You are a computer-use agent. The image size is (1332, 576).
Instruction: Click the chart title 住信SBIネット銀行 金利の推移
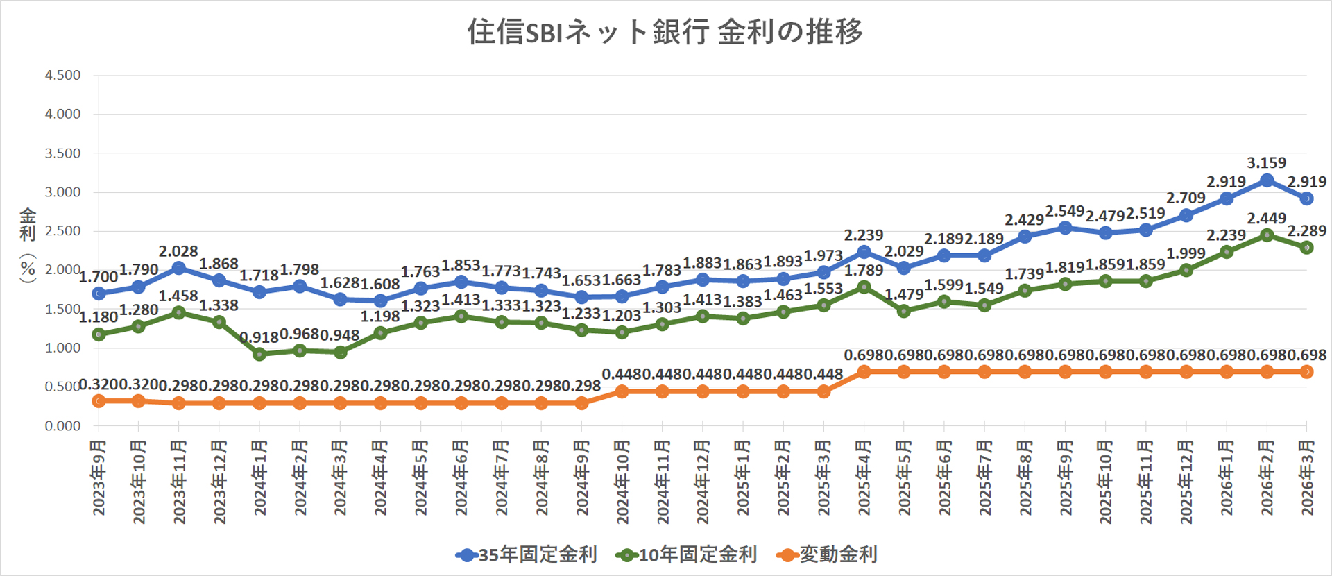click(x=665, y=32)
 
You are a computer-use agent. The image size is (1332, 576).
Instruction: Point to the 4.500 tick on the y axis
click(x=62, y=75)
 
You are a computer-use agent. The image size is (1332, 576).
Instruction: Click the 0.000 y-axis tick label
click(x=62, y=425)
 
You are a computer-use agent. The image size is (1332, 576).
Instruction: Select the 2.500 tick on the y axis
click(x=62, y=231)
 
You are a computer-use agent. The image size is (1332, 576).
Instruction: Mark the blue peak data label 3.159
click(x=1266, y=163)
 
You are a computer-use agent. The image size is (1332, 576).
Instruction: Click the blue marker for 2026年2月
click(x=1267, y=180)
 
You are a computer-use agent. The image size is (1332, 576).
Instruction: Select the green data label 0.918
click(x=259, y=338)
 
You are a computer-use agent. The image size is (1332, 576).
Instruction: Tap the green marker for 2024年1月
click(x=259, y=354)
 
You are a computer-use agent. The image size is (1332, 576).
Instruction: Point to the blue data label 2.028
click(x=178, y=251)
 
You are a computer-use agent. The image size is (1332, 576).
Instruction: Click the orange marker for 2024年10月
click(x=622, y=391)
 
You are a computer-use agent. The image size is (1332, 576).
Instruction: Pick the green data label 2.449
click(x=1266, y=219)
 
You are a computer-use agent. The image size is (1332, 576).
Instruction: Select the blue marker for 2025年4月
click(x=864, y=252)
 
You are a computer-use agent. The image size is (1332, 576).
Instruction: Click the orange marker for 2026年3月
click(x=1307, y=372)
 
